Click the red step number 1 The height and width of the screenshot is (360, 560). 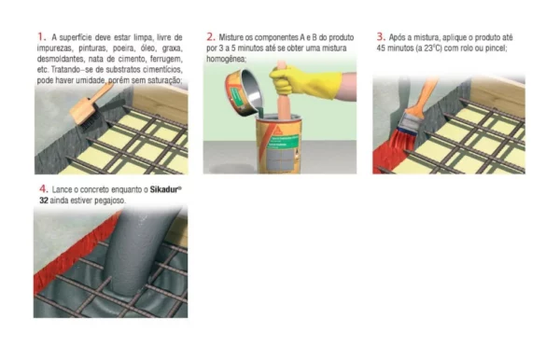pos(41,36)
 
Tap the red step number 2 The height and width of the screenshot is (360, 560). pos(211,36)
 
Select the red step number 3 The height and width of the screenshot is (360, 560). pos(381,36)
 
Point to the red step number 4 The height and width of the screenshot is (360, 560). pos(44,188)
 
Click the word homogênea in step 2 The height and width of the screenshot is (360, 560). pos(226,59)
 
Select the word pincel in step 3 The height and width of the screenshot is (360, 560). pos(497,48)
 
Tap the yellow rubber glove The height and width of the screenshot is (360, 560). pos(303,81)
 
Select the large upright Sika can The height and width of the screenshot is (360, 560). pos(278,145)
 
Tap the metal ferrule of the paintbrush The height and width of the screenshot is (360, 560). pos(411,120)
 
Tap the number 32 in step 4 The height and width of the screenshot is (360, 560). pos(44,201)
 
